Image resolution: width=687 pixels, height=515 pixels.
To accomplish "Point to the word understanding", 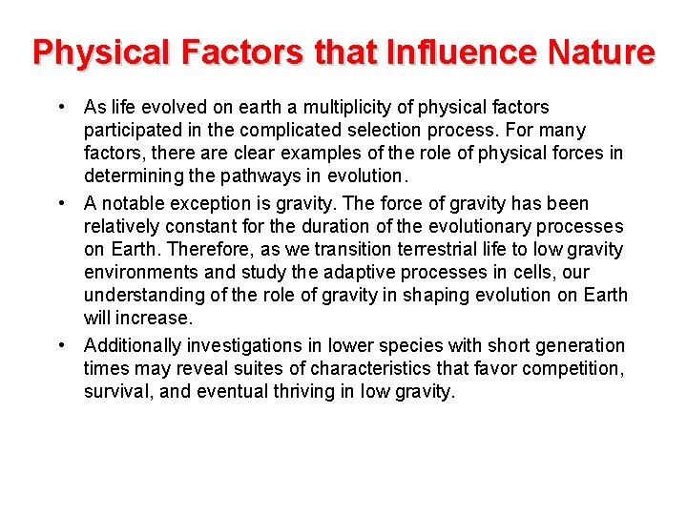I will click(144, 295).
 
